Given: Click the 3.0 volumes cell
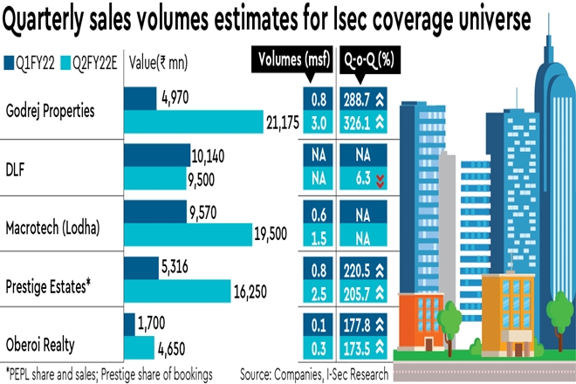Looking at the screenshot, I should [319, 123].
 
